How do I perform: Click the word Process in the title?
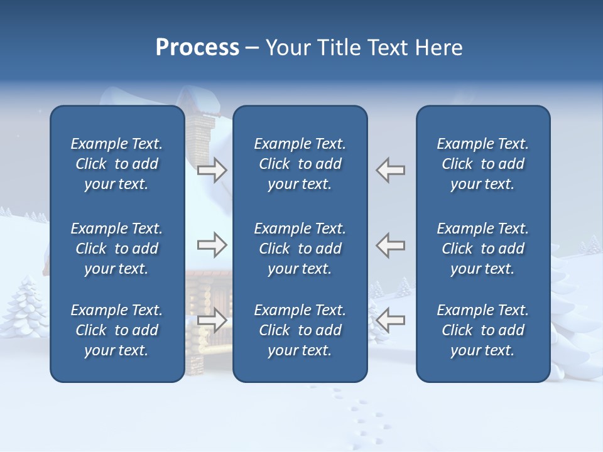(x=197, y=48)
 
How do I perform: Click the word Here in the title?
(x=438, y=48)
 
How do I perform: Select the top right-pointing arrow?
(x=212, y=169)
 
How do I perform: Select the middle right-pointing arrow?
(x=212, y=245)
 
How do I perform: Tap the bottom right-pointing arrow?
(x=212, y=321)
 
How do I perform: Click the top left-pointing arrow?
(x=390, y=169)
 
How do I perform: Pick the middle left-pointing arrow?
(x=390, y=245)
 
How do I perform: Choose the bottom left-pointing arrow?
(x=390, y=321)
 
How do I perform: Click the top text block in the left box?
(x=117, y=164)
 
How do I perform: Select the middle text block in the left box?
(x=117, y=249)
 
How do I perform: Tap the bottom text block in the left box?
(x=117, y=330)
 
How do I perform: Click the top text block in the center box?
(x=300, y=164)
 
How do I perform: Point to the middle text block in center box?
(x=300, y=249)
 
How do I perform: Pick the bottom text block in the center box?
(x=300, y=330)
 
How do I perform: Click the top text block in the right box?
(x=482, y=164)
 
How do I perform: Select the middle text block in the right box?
(x=482, y=249)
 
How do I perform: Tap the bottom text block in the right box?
(x=482, y=330)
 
